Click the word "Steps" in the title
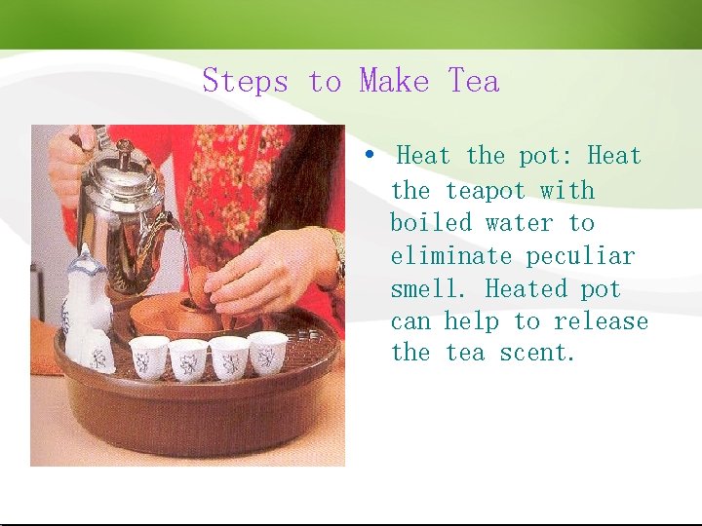245,81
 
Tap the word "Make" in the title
394,81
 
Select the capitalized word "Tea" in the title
474,81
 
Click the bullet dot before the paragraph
370,155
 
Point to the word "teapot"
485,190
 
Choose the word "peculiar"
580,256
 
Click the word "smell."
430,289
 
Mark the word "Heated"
526,289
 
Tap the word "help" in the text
472,321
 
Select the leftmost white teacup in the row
149,357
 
